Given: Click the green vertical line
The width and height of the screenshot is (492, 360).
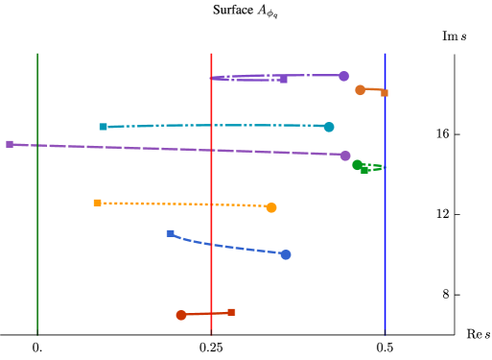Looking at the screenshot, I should [x=37, y=192].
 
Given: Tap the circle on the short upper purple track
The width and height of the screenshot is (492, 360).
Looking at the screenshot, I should [x=343, y=76].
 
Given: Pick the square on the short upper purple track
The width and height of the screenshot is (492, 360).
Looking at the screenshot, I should [x=283, y=80].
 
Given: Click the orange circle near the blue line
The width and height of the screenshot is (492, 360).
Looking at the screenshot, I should [x=360, y=90].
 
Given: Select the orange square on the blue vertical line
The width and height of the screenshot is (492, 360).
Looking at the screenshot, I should [x=384, y=93].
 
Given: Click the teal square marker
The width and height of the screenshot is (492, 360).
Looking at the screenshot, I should [x=103, y=127].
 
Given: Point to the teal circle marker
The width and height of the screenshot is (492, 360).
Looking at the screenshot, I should [x=329, y=127].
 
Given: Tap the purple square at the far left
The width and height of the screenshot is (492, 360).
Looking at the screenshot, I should [x=10, y=144].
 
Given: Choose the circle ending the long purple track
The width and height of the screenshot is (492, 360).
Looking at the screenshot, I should [x=344, y=156].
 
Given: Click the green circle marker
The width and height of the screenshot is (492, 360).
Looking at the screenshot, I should [x=357, y=165].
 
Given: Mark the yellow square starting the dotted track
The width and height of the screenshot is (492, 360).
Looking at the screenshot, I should [x=97, y=203].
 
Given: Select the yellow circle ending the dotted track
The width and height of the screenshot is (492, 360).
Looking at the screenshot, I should [x=271, y=207].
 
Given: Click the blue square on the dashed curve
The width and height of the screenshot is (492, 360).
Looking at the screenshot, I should [x=170, y=233].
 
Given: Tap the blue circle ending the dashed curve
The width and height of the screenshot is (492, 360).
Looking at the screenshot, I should [x=286, y=254].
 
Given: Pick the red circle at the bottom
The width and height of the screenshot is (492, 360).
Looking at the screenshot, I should [x=180, y=315].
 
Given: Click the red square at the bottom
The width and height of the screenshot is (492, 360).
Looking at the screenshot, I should [x=231, y=312].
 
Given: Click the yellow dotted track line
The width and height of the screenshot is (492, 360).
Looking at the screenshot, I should [x=182, y=204].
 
